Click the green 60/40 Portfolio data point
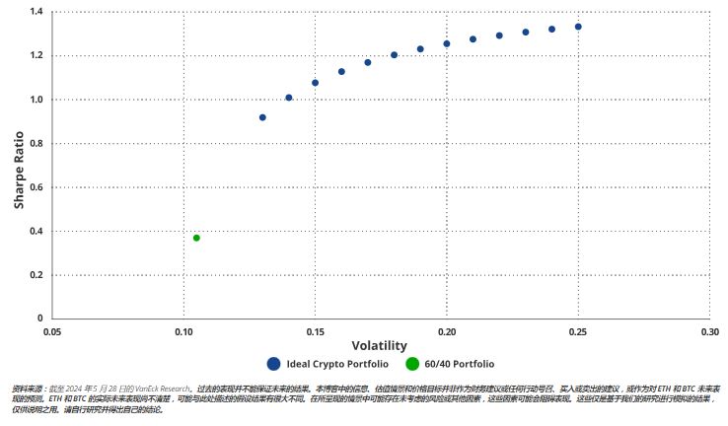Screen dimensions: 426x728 [196, 238]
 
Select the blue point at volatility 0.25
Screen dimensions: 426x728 [578, 27]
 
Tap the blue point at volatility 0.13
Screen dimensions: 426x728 [262, 117]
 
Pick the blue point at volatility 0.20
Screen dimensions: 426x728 [447, 43]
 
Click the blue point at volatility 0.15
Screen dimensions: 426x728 [315, 83]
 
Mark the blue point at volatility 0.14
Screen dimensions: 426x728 [289, 98]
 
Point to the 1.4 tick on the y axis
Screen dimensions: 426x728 [37, 12]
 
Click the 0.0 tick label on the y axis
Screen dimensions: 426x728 [37, 319]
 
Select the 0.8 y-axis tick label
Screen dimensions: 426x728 [37, 143]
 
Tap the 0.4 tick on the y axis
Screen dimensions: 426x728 [37, 231]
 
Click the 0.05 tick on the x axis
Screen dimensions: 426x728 [51, 331]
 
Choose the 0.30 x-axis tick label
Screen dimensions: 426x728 [709, 331]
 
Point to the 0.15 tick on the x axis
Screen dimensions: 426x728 [315, 331]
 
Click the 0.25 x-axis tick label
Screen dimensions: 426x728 [578, 331]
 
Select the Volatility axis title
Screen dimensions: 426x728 [380, 346]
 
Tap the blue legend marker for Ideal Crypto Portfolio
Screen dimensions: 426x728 [273, 364]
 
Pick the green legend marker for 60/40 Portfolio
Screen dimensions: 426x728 [412, 364]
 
